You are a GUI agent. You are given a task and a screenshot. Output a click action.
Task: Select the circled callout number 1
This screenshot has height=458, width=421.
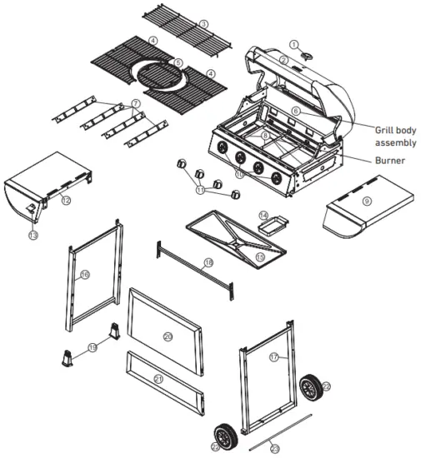[293, 43]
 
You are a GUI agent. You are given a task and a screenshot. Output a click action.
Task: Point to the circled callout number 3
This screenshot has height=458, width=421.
[203, 23]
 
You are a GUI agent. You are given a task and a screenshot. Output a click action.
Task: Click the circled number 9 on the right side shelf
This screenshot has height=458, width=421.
[365, 201]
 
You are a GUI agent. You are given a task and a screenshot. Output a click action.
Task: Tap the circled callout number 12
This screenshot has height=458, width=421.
[65, 201]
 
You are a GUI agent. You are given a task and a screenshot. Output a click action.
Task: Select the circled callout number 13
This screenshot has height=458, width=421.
[33, 236]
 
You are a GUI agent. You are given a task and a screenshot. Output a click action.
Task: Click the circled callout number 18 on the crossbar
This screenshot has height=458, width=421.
[208, 262]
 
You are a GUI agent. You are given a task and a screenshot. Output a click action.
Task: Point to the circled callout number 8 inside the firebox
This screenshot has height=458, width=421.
[265, 135]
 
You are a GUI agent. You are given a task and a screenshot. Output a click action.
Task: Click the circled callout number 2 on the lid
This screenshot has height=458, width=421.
[283, 61]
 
